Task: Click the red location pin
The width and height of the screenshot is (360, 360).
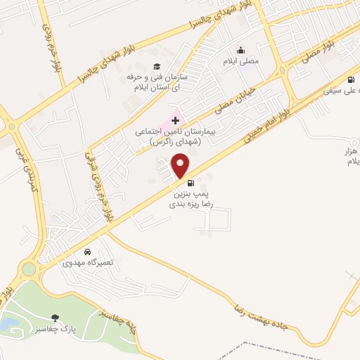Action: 181,166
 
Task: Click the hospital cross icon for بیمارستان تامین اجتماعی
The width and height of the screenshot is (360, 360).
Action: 175,121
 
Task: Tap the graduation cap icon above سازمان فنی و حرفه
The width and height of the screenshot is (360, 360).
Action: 156,66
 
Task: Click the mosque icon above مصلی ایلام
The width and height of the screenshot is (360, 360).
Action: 240,50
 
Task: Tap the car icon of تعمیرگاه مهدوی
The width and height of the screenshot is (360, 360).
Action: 86,252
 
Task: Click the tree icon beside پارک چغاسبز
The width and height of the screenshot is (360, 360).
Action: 56,319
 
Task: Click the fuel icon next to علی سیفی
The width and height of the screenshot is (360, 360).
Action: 350,79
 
